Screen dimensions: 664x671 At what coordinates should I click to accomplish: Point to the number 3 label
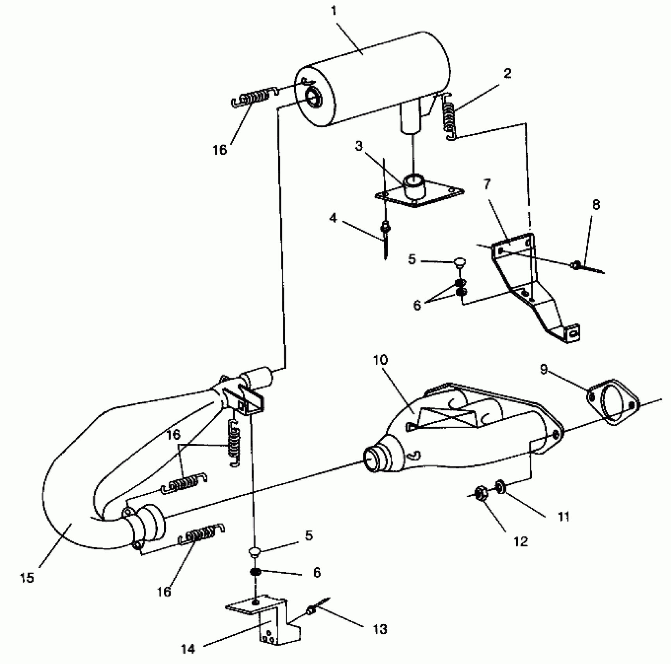pyautogui.click(x=359, y=146)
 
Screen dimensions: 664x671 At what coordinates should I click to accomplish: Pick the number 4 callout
pyautogui.click(x=333, y=218)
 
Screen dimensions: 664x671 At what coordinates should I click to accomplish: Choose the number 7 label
pyautogui.click(x=487, y=184)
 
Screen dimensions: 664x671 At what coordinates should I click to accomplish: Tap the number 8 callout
pyautogui.click(x=596, y=205)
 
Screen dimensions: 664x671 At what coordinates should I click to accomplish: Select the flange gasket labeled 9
pyautogui.click(x=613, y=403)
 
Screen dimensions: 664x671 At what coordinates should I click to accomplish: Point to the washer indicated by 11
pyautogui.click(x=500, y=486)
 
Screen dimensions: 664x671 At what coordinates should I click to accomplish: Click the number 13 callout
pyautogui.click(x=380, y=629)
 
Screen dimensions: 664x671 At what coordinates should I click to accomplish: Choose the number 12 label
pyautogui.click(x=521, y=542)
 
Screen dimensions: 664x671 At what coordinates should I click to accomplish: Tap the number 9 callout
pyautogui.click(x=544, y=369)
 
